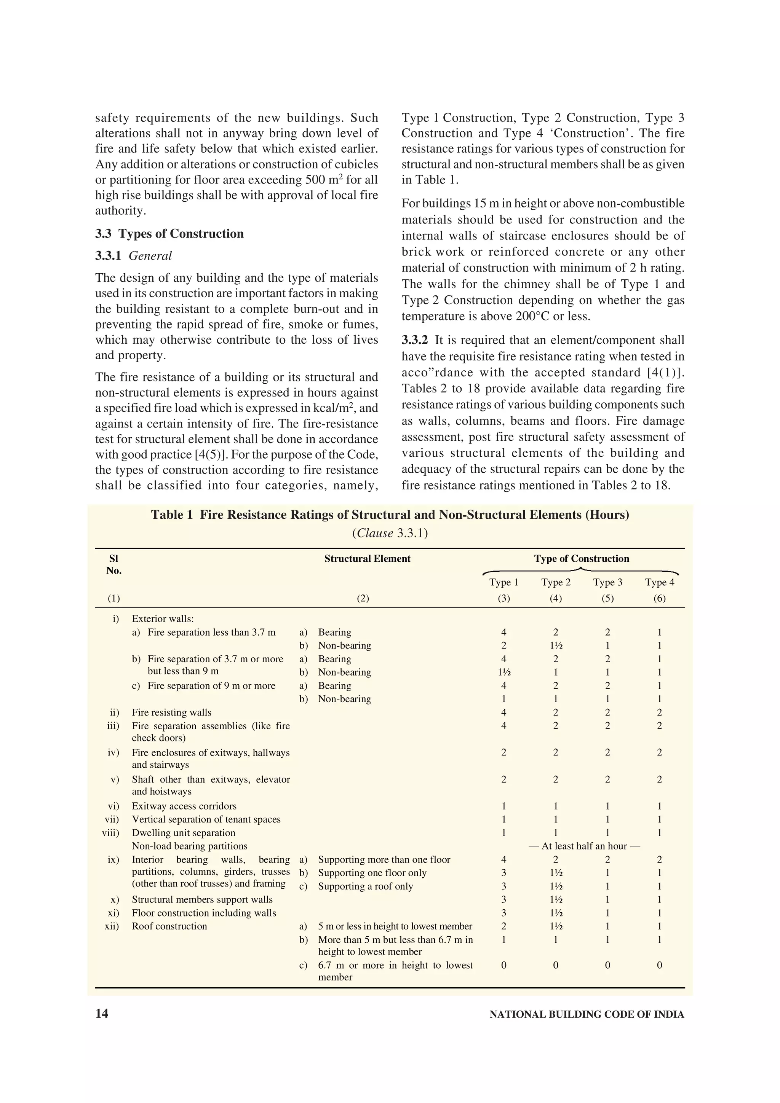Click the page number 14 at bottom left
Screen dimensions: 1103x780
(102, 1014)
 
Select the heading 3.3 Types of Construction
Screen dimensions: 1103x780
(169, 234)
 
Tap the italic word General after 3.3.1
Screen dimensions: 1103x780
(150, 256)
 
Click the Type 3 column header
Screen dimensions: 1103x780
(607, 582)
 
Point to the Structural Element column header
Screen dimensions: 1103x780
(367, 559)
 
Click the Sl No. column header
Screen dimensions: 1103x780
(114, 564)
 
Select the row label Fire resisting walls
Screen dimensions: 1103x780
(171, 712)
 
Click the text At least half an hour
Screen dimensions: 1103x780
(584, 846)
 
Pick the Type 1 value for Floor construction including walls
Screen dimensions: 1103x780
(503, 913)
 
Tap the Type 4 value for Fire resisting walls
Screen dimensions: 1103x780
(659, 712)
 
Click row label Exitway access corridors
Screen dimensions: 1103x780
(184, 806)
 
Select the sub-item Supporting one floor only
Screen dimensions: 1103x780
(372, 873)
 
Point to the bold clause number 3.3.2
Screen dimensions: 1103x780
(414, 340)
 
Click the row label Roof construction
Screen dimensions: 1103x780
(169, 926)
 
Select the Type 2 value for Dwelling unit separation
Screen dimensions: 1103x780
(556, 832)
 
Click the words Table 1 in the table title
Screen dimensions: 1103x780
(171, 515)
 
